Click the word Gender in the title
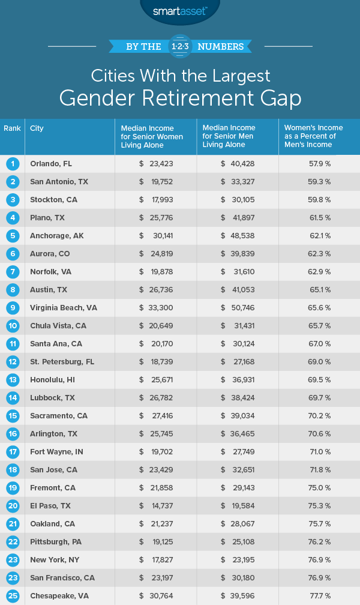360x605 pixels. (x=125, y=98)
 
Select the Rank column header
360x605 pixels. (x=11, y=128)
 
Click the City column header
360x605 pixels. (x=37, y=128)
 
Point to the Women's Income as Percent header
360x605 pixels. (x=314, y=136)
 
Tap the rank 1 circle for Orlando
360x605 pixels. (x=11, y=163)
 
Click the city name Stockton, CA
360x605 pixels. (x=53, y=199)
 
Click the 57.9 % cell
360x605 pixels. (x=319, y=163)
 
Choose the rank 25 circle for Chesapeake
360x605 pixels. (x=11, y=595)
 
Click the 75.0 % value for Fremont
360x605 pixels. (x=319, y=487)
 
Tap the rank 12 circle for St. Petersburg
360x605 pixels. (x=11, y=361)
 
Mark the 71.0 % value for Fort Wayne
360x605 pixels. (x=319, y=451)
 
